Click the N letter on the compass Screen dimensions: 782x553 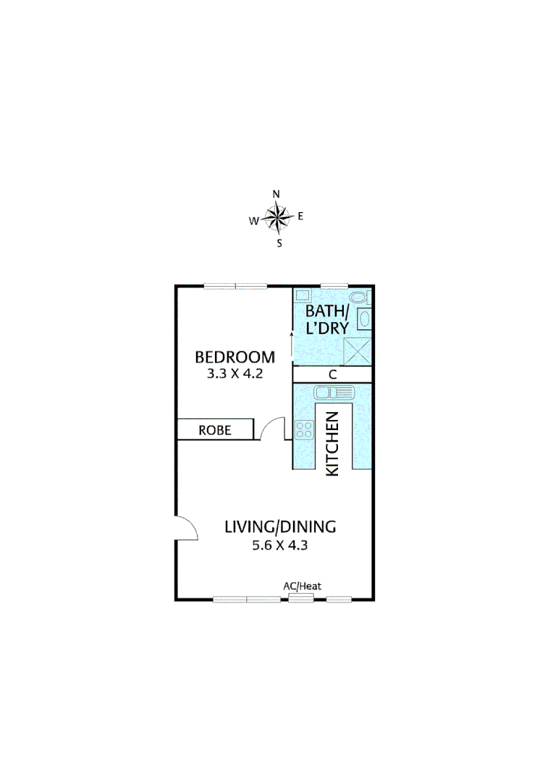276,194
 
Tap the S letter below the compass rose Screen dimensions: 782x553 279,243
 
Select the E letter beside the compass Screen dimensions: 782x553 300,216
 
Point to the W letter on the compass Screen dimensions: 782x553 253,222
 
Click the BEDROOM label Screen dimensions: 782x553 235,357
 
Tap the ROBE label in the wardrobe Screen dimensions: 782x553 215,430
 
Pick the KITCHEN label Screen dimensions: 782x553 332,443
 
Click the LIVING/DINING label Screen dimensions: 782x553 280,526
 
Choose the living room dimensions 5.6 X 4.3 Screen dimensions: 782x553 280,546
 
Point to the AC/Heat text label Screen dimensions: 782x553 302,586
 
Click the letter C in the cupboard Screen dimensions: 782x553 332,375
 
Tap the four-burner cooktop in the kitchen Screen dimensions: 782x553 304,429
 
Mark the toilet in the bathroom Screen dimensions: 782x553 357,297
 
